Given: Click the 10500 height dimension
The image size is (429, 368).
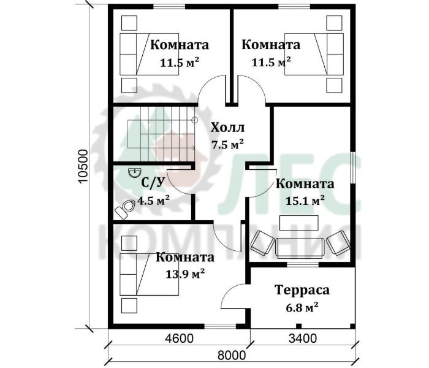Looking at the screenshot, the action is [83, 166].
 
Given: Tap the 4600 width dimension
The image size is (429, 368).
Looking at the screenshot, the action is [180, 339].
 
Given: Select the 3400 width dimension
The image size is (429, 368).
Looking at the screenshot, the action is [303, 339].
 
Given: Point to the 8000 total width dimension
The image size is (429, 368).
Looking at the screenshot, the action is [232, 356].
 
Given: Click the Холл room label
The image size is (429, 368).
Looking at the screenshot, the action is [227, 128].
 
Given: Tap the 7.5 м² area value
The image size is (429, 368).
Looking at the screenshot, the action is [227, 144].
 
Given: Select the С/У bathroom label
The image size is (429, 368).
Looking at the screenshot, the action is [153, 183].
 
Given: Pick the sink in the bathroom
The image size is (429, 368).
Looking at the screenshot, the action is [134, 173].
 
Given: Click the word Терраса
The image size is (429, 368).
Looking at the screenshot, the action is [302, 290].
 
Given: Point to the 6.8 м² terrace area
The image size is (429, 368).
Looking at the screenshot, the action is [302, 308].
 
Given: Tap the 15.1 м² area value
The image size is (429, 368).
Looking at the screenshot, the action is [305, 201].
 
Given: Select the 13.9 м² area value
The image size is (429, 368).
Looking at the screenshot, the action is [185, 274].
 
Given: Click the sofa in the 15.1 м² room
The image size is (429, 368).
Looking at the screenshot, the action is [300, 248].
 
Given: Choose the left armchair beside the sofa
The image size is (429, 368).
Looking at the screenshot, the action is [262, 243].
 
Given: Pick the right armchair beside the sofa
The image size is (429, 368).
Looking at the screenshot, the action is [338, 243].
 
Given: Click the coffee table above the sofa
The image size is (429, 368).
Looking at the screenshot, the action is [299, 223].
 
